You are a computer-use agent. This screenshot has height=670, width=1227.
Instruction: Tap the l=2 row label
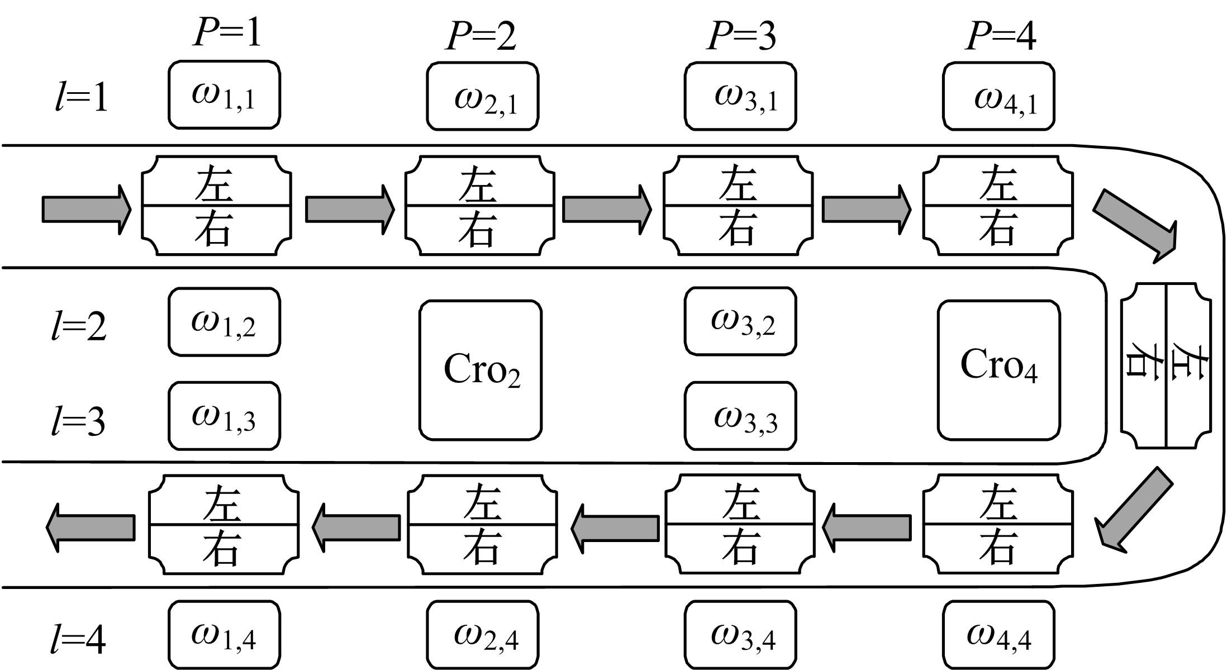click(79, 326)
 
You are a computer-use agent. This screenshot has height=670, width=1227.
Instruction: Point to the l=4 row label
click(79, 639)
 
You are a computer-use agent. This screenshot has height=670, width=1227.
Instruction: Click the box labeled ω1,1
click(224, 96)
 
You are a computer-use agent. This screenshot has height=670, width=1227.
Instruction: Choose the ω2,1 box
click(483, 97)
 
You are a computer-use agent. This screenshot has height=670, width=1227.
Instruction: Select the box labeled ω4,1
click(999, 97)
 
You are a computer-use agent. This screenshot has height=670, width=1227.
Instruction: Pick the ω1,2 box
click(224, 322)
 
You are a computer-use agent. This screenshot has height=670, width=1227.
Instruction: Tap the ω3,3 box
click(740, 416)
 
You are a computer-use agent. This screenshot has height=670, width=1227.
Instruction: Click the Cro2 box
click(481, 370)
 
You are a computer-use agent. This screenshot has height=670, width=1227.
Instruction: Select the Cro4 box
click(999, 370)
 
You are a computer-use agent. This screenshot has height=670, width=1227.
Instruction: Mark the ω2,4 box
click(483, 635)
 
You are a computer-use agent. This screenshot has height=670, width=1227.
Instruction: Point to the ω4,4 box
click(999, 635)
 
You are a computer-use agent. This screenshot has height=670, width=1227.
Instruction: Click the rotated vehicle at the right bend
click(1166, 366)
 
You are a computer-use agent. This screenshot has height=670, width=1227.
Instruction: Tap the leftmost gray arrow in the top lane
click(87, 209)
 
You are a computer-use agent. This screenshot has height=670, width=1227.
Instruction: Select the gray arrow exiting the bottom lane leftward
click(91, 527)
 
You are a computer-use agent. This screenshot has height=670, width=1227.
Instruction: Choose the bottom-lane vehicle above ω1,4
click(223, 525)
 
